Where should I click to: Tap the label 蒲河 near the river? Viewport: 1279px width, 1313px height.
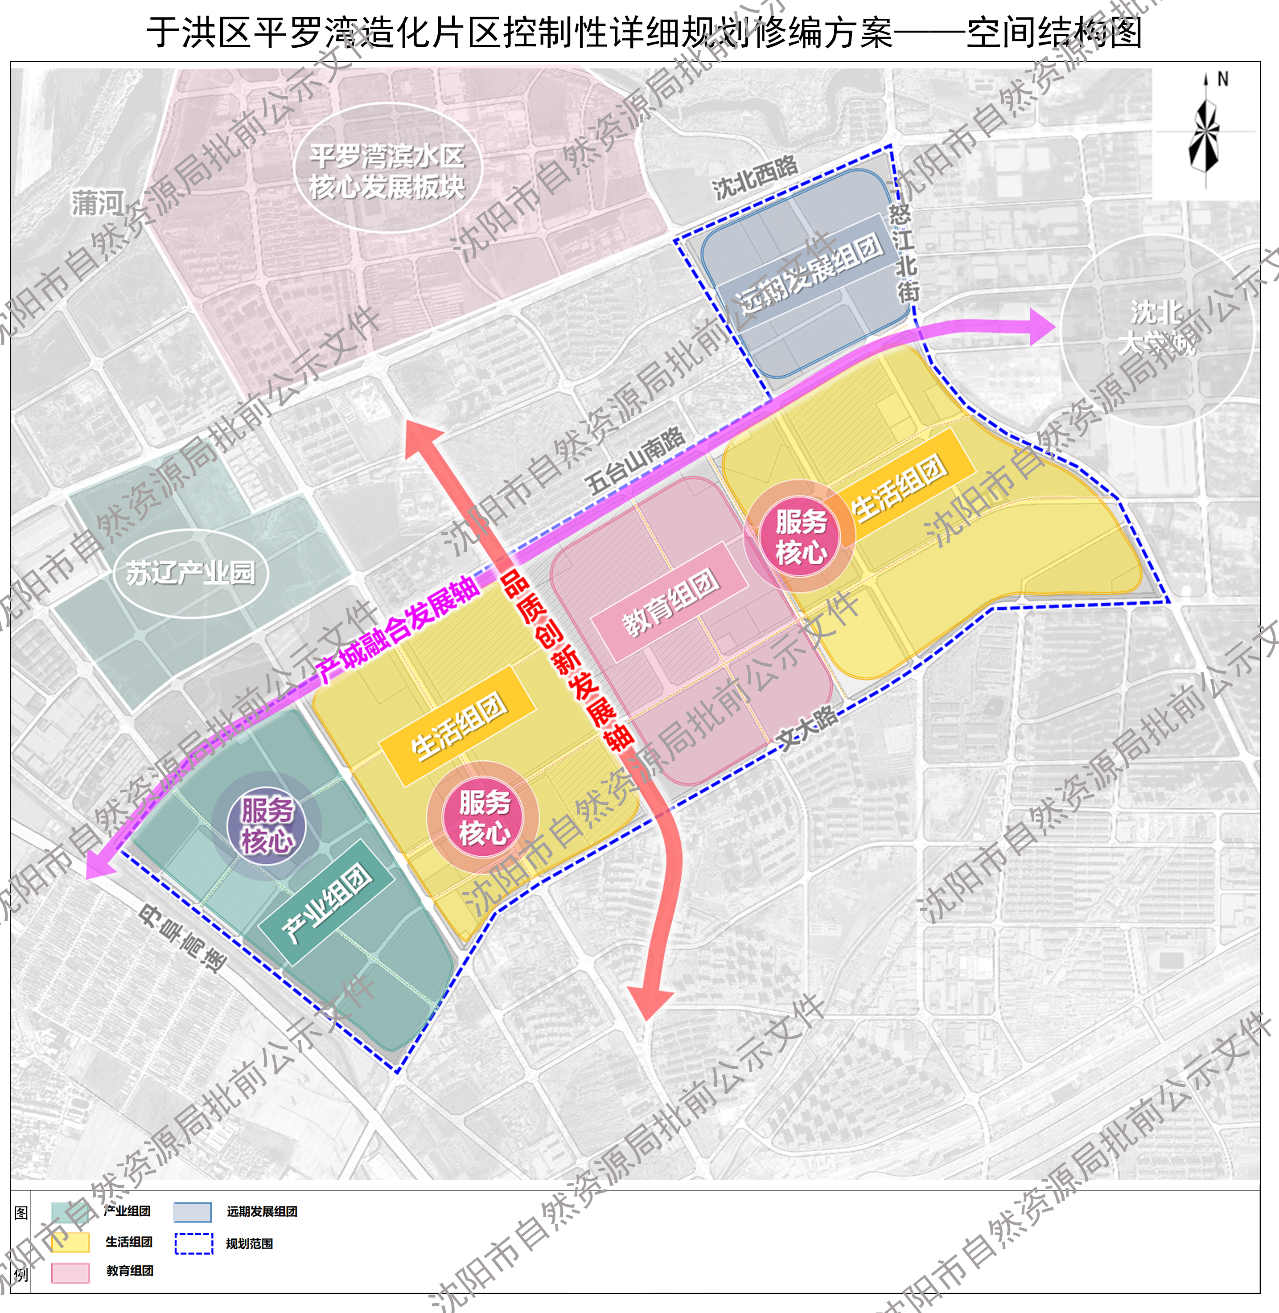tap(98, 203)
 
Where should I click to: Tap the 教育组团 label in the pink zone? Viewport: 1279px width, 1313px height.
tap(671, 603)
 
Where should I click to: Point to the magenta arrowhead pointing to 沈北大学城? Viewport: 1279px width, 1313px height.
tap(1040, 327)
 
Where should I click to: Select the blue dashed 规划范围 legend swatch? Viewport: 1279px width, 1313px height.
tap(193, 1243)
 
